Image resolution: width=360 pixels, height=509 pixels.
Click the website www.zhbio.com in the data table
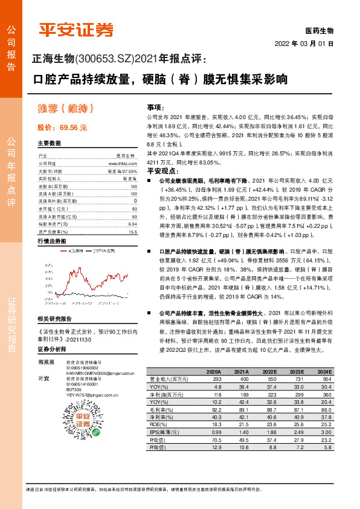[120, 163]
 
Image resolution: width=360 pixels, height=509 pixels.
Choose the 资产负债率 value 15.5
[133, 232]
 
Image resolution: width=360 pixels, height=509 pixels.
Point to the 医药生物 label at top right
[318, 30]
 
